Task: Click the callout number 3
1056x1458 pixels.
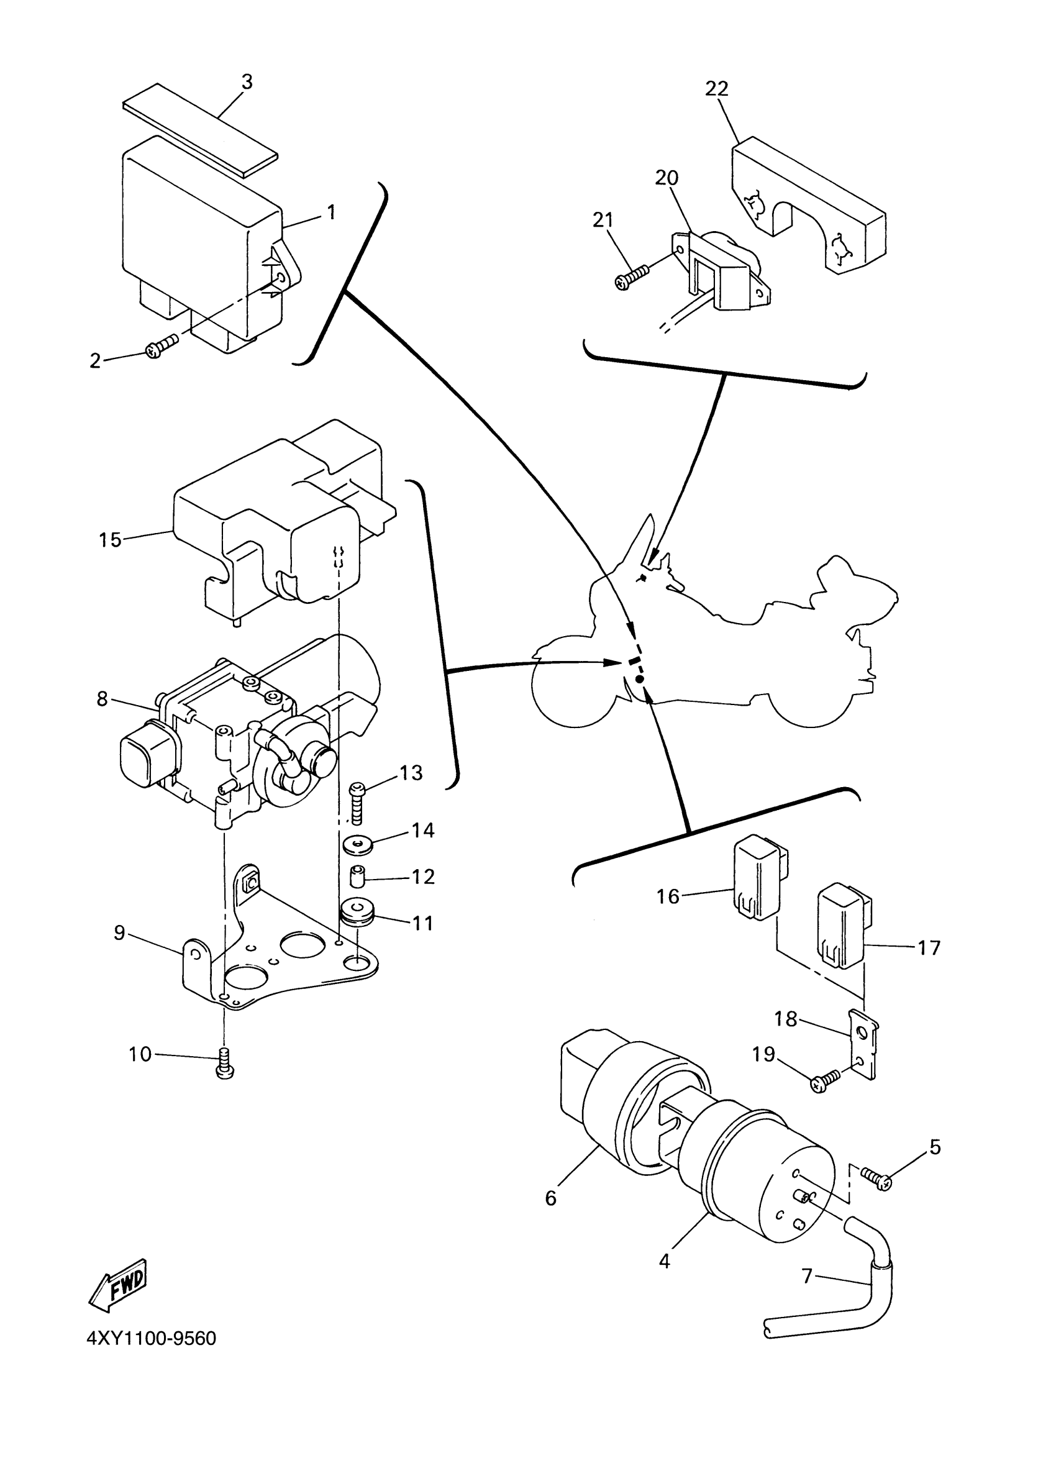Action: pos(247,82)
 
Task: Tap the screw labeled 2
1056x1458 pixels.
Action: pos(162,347)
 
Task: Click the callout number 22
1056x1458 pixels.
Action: pos(717,88)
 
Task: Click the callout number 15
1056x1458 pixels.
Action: pos(110,539)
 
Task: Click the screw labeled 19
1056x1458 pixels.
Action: pos(826,1083)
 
